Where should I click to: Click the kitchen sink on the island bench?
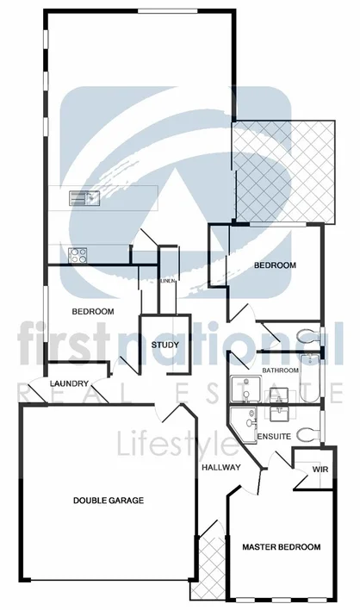pyautogui.click(x=84, y=197)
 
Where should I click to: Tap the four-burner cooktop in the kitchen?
pyautogui.click(x=78, y=255)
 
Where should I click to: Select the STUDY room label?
pyautogui.click(x=164, y=345)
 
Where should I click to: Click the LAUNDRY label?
pyautogui.click(x=68, y=383)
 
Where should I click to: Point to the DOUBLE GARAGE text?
pyautogui.click(x=108, y=500)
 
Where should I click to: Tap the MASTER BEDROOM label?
pyautogui.click(x=281, y=547)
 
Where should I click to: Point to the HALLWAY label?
pyautogui.click(x=220, y=467)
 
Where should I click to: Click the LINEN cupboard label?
pyautogui.click(x=168, y=281)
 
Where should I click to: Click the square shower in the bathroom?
pyautogui.click(x=242, y=391)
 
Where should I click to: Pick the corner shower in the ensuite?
pyautogui.click(x=247, y=423)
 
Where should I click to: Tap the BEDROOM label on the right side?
pyautogui.click(x=275, y=265)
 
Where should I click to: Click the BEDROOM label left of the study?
pyautogui.click(x=93, y=311)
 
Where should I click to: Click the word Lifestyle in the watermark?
pyautogui.click(x=177, y=445)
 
